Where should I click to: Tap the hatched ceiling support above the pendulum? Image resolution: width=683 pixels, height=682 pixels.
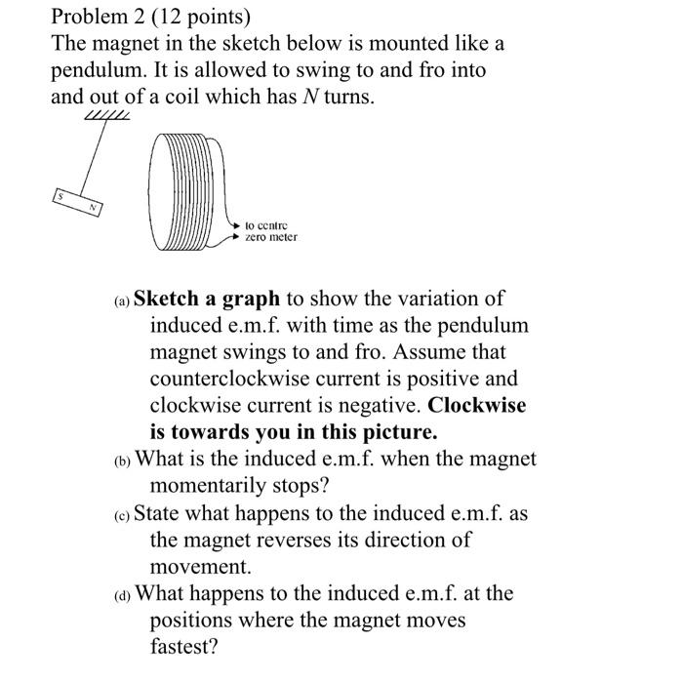click(x=106, y=116)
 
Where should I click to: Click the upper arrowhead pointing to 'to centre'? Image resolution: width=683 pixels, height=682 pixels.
click(x=235, y=224)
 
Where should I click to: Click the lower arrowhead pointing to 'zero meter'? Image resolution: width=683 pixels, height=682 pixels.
click(x=235, y=237)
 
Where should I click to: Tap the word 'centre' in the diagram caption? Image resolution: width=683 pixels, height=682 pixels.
click(x=274, y=224)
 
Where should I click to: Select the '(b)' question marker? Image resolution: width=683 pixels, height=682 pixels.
click(x=120, y=459)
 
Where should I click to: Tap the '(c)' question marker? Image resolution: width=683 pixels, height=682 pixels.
click(x=120, y=513)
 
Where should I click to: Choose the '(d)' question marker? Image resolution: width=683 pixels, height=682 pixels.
click(x=120, y=594)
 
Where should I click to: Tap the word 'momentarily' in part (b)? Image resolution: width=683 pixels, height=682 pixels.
click(x=210, y=484)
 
